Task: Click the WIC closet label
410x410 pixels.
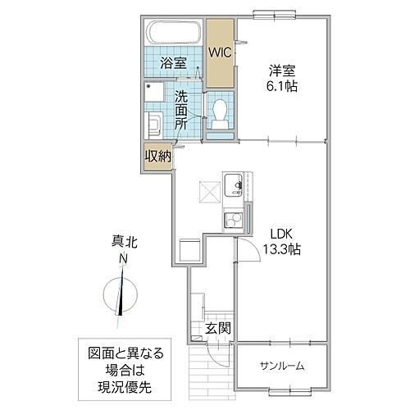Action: (220, 52)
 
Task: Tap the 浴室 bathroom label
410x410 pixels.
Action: (172, 62)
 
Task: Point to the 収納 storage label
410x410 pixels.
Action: (157, 156)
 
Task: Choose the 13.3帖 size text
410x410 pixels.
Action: (281, 248)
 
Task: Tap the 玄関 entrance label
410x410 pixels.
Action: (218, 330)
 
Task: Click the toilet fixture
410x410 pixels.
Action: (220, 111)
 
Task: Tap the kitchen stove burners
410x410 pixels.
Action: (233, 219)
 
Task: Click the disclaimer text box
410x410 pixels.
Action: (127, 367)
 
